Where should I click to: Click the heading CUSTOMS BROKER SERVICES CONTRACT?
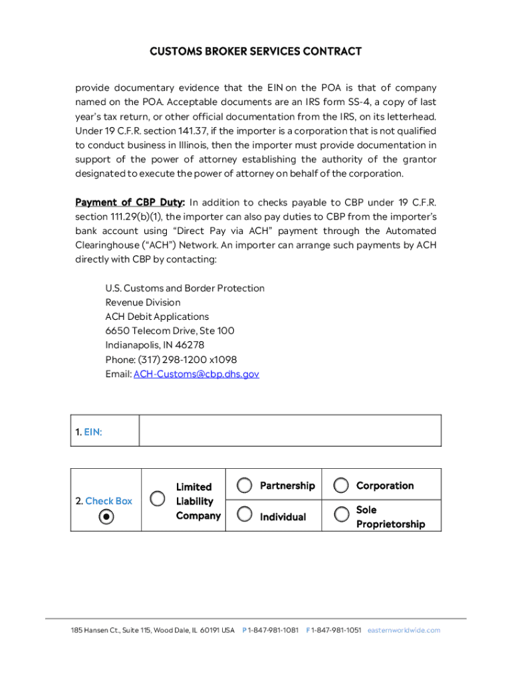pos(255,51)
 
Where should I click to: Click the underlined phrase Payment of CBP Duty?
pos(130,202)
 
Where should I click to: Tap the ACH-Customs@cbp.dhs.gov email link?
pos(196,374)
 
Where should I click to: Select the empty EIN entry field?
pos(290,430)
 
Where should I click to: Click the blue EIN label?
pos(93,432)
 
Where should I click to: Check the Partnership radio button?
pos(245,485)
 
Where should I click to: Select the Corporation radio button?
pos(341,485)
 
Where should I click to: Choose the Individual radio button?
pos(245,514)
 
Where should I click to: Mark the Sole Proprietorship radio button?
pos(341,514)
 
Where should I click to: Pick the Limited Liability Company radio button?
pos(158,498)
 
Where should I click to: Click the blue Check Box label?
pos(108,501)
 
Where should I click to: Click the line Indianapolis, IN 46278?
pos(155,345)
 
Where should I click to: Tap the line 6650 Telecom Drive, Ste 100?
pos(170,331)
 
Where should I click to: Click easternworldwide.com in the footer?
pos(404,630)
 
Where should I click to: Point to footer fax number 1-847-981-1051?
pos(336,630)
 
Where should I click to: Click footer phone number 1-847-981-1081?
pos(273,630)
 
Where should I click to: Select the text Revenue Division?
pos(142,303)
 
